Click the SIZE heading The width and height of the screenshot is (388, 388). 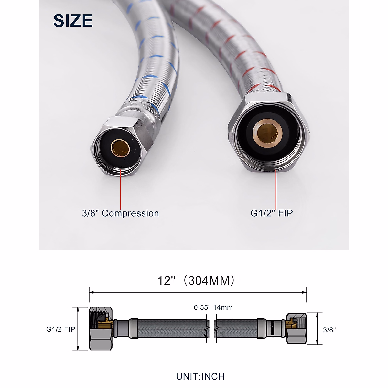pos(73,21)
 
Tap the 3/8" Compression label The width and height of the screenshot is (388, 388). pos(120,213)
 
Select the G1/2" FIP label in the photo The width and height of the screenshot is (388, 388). pos(272,213)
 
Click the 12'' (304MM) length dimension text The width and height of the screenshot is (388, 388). pos(196,280)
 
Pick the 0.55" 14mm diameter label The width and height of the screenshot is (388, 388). pos(213,307)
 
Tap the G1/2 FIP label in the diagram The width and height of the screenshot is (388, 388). pos(60,329)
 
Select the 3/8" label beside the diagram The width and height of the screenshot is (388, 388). pos(329,330)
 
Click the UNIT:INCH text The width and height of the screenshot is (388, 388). pos(200,376)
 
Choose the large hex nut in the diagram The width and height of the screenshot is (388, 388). pos(101,329)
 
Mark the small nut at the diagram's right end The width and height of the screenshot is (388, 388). pos(296,329)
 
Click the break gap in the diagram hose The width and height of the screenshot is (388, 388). pos(211,329)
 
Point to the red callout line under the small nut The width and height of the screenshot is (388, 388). pos(121,189)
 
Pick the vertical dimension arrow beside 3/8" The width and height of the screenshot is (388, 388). pos(317,329)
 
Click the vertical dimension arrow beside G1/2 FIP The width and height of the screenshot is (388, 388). pos(78,329)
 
